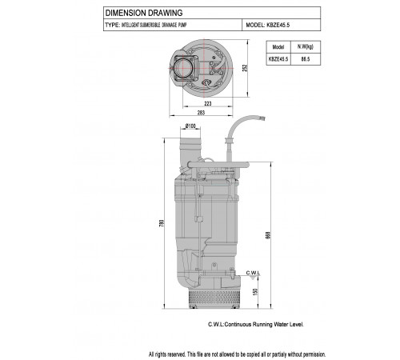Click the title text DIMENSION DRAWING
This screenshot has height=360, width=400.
point(144,13)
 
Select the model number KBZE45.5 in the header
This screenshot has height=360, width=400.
point(278,25)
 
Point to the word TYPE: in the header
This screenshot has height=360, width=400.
point(112,25)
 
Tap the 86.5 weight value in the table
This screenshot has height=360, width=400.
point(306,59)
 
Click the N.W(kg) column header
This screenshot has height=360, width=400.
point(306,46)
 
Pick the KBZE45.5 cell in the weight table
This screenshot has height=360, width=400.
point(278,59)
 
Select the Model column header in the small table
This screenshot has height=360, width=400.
point(278,47)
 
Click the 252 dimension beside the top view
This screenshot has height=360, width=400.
point(245,68)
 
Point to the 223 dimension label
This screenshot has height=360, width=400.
point(208,103)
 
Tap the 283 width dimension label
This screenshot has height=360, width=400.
point(201,113)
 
